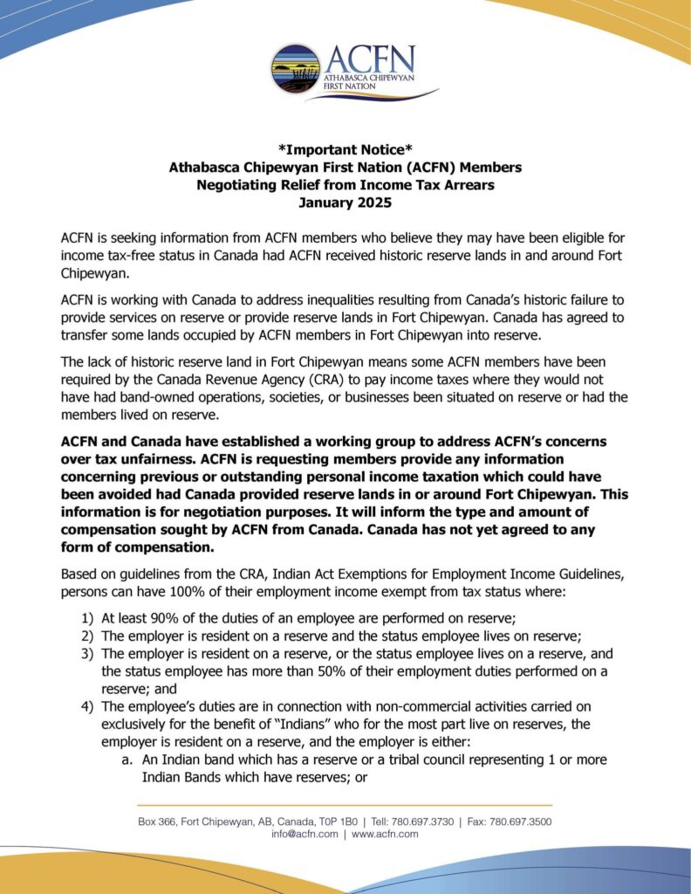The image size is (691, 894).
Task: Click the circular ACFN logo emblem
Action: [x=296, y=69]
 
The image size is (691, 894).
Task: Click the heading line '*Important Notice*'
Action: [x=345, y=148]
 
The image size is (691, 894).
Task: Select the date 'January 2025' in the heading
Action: [x=345, y=203]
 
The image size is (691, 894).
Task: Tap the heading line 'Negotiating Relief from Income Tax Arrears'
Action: [x=345, y=184]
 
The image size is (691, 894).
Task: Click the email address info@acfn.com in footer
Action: [x=304, y=834]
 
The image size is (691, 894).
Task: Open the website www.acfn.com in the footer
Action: [x=385, y=834]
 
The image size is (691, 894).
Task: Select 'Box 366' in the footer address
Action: [x=157, y=822]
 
